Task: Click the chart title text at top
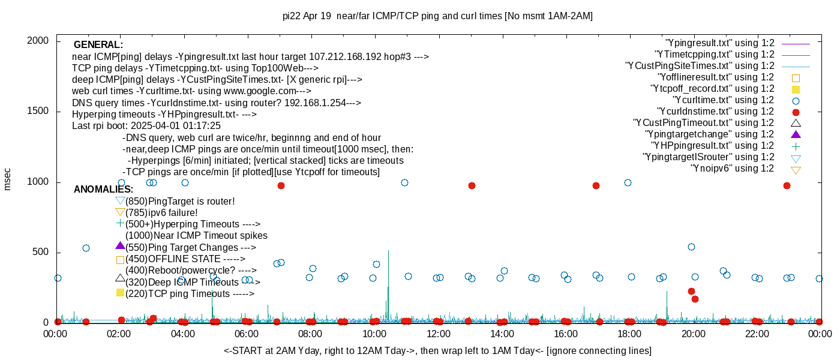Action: [x=437, y=16]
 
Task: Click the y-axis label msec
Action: [x=8, y=179]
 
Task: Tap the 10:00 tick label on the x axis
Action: [x=374, y=334]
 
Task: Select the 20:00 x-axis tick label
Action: [x=693, y=334]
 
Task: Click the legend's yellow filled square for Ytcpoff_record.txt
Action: [x=796, y=89]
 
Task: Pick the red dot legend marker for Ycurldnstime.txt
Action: [x=796, y=112]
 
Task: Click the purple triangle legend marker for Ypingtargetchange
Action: [x=796, y=134]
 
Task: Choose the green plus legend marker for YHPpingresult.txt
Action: [x=796, y=146]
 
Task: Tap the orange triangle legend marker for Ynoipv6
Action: [x=796, y=169]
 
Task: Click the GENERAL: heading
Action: [x=98, y=45]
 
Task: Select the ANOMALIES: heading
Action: [x=103, y=190]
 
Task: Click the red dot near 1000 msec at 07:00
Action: [x=281, y=185]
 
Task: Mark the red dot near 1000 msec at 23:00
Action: [x=787, y=185]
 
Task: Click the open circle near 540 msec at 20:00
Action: [x=691, y=247]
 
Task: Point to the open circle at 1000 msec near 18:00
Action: [x=628, y=182]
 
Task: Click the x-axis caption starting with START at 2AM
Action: [x=437, y=350]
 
